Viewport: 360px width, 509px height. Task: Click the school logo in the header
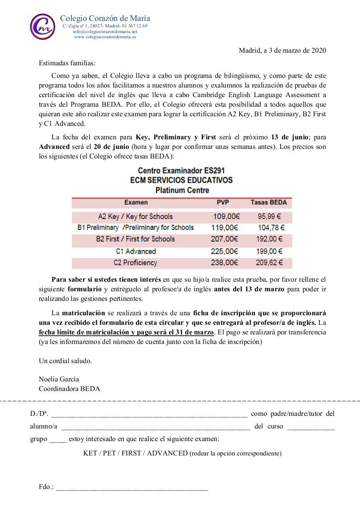click(x=42, y=27)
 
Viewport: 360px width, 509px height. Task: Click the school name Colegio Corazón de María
click(x=105, y=18)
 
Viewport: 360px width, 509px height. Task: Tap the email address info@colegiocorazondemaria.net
click(x=105, y=32)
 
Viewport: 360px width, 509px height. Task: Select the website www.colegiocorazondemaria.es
click(x=105, y=37)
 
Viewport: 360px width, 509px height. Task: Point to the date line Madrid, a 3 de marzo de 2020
click(x=282, y=51)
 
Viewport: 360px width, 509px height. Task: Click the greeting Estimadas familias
click(x=67, y=63)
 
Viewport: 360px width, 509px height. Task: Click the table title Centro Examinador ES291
click(x=181, y=171)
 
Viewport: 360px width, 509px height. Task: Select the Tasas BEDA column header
click(x=268, y=202)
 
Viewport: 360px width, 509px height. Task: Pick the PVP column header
click(x=223, y=202)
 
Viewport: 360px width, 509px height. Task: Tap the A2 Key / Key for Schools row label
click(x=135, y=216)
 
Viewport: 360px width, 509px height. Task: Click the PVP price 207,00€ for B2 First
click(x=225, y=239)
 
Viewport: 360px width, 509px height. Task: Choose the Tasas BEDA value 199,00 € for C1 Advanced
click(x=270, y=251)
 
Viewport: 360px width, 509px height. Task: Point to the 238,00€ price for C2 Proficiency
click(x=225, y=263)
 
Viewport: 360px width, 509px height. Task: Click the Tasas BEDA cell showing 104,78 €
click(x=271, y=228)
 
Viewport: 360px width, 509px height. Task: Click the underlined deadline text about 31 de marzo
click(x=126, y=332)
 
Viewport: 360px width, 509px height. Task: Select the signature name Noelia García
click(x=59, y=379)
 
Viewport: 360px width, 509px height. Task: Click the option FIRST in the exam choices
click(x=131, y=453)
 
